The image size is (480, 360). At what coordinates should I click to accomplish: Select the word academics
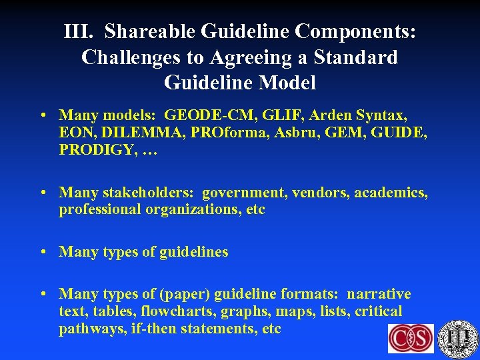click(391, 193)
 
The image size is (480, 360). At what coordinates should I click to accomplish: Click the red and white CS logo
click(411, 338)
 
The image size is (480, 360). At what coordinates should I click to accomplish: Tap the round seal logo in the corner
click(458, 339)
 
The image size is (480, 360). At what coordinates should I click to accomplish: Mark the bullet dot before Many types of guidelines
click(43, 252)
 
